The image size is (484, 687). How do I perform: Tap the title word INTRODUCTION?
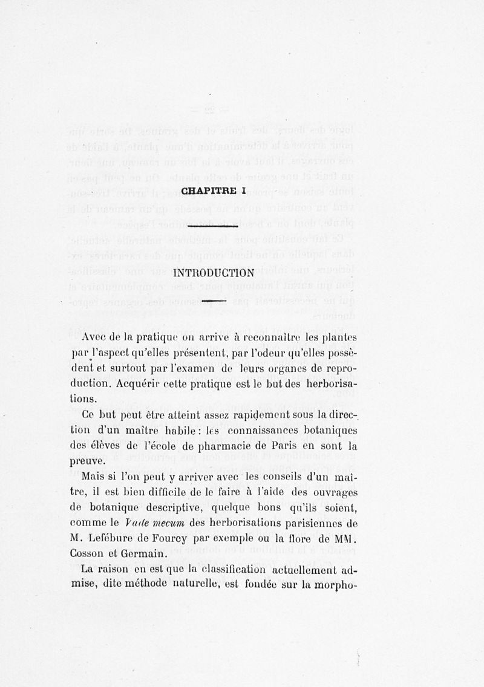click(212, 273)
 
